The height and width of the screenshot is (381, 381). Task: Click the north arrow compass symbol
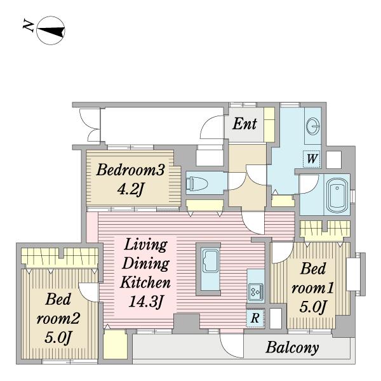(51, 30)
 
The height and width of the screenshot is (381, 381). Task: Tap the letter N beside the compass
(29, 26)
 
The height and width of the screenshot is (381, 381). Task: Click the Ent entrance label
(244, 124)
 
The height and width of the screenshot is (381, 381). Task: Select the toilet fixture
(196, 183)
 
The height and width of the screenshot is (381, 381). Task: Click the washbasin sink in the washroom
(312, 126)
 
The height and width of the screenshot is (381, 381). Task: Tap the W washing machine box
(312, 159)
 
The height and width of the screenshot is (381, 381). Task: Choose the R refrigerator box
(255, 317)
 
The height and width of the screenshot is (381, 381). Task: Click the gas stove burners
(256, 291)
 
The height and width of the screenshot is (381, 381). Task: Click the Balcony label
(292, 347)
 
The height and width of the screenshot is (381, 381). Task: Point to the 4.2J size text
(130, 189)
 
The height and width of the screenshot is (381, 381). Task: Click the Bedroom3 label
(130, 170)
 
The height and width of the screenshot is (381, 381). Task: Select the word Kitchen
(145, 282)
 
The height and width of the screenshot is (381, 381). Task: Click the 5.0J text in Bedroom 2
(58, 338)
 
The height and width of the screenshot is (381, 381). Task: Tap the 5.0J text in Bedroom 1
(312, 307)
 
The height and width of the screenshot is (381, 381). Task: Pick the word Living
(145, 245)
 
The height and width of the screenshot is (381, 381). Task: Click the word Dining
(145, 264)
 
